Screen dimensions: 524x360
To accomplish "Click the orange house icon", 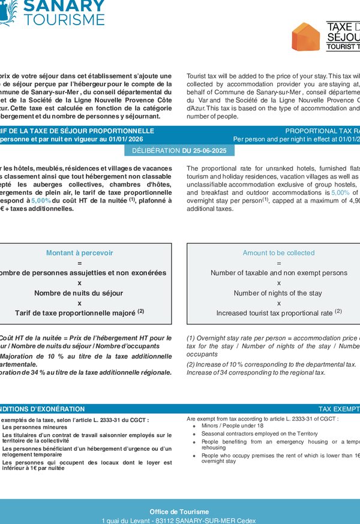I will (305, 37).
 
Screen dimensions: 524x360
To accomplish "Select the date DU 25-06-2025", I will (204, 150).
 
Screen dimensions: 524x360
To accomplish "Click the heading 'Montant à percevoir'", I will (79, 253).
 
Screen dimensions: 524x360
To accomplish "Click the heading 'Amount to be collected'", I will (278, 253).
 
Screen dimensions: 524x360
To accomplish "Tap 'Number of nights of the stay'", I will (278, 293).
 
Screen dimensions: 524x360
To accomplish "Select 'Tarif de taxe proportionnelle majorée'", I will (75, 313).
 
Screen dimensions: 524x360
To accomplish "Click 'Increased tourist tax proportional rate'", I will (275, 313).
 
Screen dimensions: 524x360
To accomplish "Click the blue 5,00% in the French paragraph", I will (41, 200).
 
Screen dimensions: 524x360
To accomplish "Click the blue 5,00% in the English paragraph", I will (340, 193).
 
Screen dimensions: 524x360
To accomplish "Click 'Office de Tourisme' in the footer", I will (179, 511).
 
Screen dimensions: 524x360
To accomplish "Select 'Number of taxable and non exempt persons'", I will (278, 273).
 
